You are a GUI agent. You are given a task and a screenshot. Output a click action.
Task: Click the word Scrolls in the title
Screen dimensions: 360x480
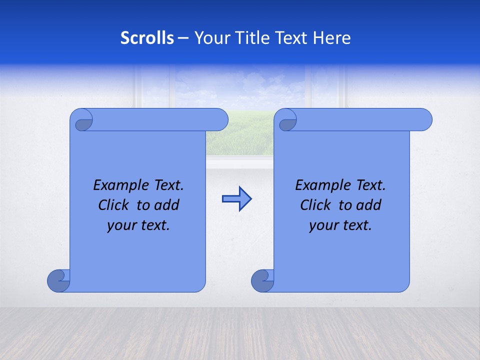(x=147, y=38)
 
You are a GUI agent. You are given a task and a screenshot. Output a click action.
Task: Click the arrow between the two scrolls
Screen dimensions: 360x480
(x=236, y=199)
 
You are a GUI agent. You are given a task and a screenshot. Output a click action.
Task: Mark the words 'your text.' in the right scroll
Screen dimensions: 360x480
(x=340, y=225)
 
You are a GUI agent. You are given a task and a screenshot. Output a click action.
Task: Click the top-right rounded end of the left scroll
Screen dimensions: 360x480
(x=220, y=120)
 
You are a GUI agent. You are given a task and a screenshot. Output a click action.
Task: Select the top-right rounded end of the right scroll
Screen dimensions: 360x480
(x=424, y=120)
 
